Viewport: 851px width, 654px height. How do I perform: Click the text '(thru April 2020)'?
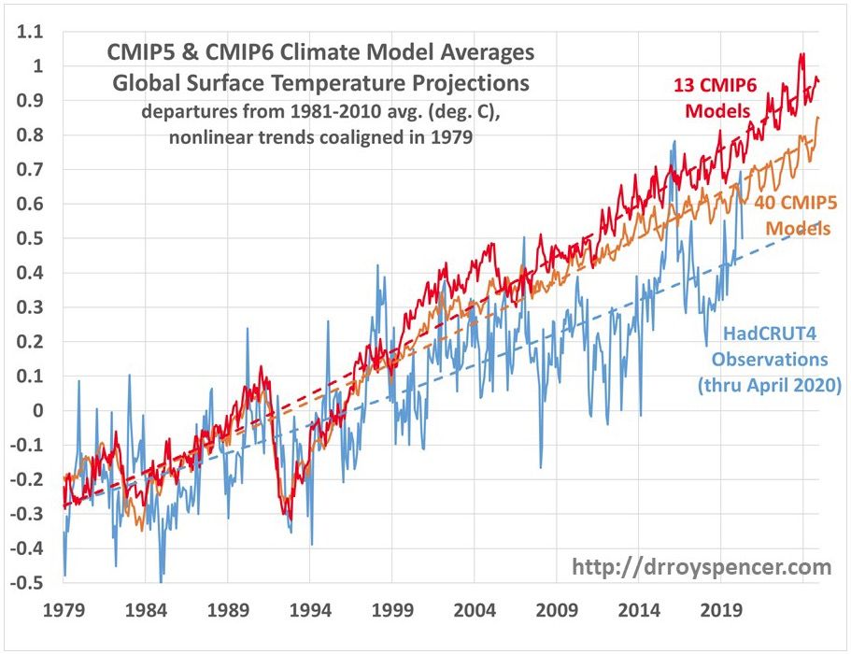tap(769, 383)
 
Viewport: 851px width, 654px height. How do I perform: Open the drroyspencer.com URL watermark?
tap(701, 566)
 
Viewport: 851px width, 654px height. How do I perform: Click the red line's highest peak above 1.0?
tap(801, 54)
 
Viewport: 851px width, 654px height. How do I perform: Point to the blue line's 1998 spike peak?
tap(378, 265)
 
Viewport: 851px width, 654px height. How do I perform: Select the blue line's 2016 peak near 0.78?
tap(674, 142)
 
